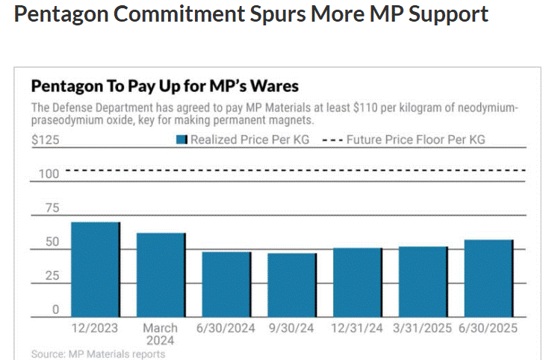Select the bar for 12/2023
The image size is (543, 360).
(x=94, y=270)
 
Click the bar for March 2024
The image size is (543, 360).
(x=161, y=275)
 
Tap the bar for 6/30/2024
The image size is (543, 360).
(x=227, y=285)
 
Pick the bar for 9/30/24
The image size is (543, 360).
(x=293, y=285)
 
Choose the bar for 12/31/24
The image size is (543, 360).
(x=358, y=282)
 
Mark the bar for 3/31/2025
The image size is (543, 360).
(x=423, y=282)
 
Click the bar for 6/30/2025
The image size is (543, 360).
(x=489, y=279)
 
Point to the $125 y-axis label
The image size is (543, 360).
(x=45, y=140)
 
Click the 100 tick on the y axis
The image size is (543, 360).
(x=49, y=174)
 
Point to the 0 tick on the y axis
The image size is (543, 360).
(x=55, y=309)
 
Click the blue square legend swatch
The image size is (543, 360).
(x=181, y=140)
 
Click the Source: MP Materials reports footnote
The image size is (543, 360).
(x=98, y=353)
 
